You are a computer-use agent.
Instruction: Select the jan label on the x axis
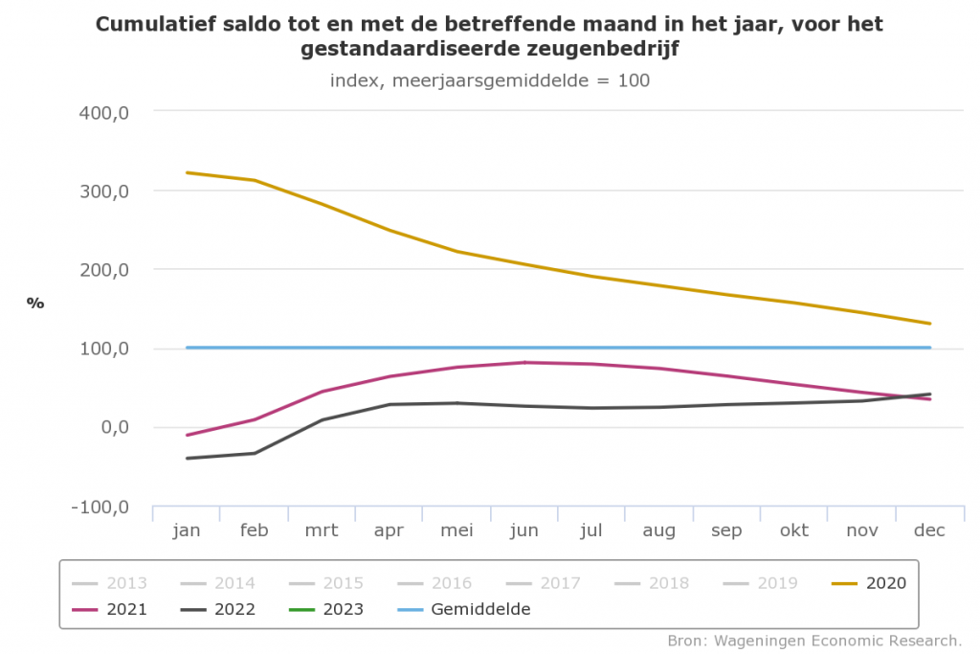pos(187,530)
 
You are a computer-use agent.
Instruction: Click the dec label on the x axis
pos(929,530)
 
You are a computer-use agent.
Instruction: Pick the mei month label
pos(457,530)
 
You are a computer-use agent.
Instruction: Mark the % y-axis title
pos(35,303)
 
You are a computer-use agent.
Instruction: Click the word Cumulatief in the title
pos(159,23)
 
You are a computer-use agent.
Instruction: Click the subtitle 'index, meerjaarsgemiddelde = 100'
pos(489,80)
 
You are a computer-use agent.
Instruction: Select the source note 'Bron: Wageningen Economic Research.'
pos(814,640)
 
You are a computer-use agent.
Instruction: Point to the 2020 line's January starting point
pos(187,172)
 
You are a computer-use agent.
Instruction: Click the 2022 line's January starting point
pos(187,459)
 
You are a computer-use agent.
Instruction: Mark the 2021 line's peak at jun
pos(524,362)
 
